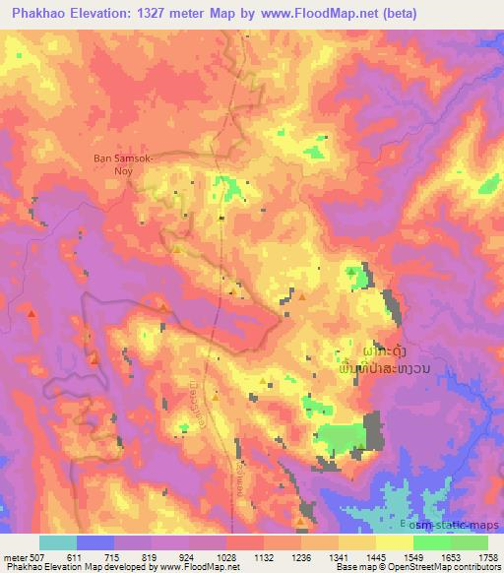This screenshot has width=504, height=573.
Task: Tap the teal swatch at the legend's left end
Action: pos(58,542)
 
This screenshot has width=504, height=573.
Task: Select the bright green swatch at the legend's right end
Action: pos(469,542)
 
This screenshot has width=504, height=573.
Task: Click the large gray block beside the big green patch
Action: pos(374,432)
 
